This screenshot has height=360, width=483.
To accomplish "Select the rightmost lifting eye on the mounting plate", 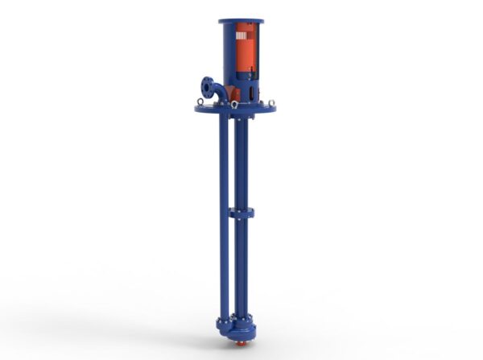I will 271,101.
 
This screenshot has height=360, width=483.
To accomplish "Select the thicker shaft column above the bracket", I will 241,161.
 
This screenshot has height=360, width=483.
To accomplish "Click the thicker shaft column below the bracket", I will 241,266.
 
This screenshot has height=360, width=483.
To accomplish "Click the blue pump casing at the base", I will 242,328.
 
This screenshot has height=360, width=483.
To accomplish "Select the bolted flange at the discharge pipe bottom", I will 225,318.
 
